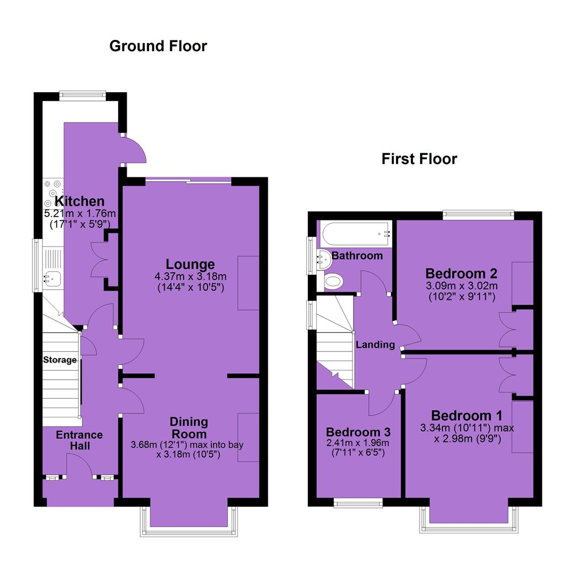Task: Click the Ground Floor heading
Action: (x=158, y=46)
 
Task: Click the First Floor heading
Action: (x=419, y=159)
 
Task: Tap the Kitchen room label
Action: (x=79, y=201)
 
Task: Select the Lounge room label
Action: (x=190, y=264)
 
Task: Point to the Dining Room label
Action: (x=189, y=428)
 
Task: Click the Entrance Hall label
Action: (x=79, y=440)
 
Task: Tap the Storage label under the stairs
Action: (x=60, y=360)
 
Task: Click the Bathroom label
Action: (x=357, y=256)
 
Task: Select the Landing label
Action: (x=375, y=344)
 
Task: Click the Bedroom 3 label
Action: (x=358, y=432)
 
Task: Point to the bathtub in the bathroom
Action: (x=356, y=234)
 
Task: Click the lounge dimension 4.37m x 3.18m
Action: (x=190, y=276)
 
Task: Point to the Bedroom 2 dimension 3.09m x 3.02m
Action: (x=462, y=285)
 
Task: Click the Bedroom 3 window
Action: (x=358, y=503)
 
